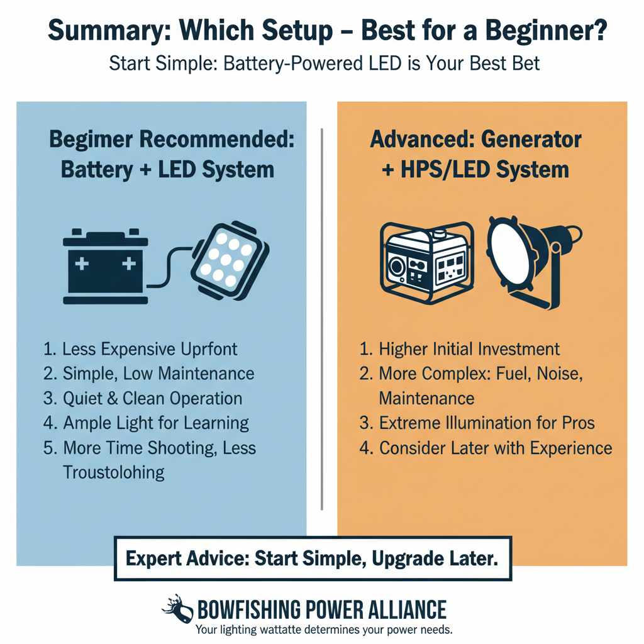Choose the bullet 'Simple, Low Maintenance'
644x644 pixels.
[149, 374]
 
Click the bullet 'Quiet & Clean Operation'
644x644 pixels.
[143, 398]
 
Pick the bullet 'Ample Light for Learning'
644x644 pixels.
[147, 423]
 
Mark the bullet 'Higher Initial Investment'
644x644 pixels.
[459, 349]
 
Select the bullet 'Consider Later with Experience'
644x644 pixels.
[486, 447]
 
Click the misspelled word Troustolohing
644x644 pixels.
[114, 472]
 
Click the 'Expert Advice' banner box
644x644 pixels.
[313, 558]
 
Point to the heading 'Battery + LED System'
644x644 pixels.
[167, 169]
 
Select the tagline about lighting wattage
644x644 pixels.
[324, 630]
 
